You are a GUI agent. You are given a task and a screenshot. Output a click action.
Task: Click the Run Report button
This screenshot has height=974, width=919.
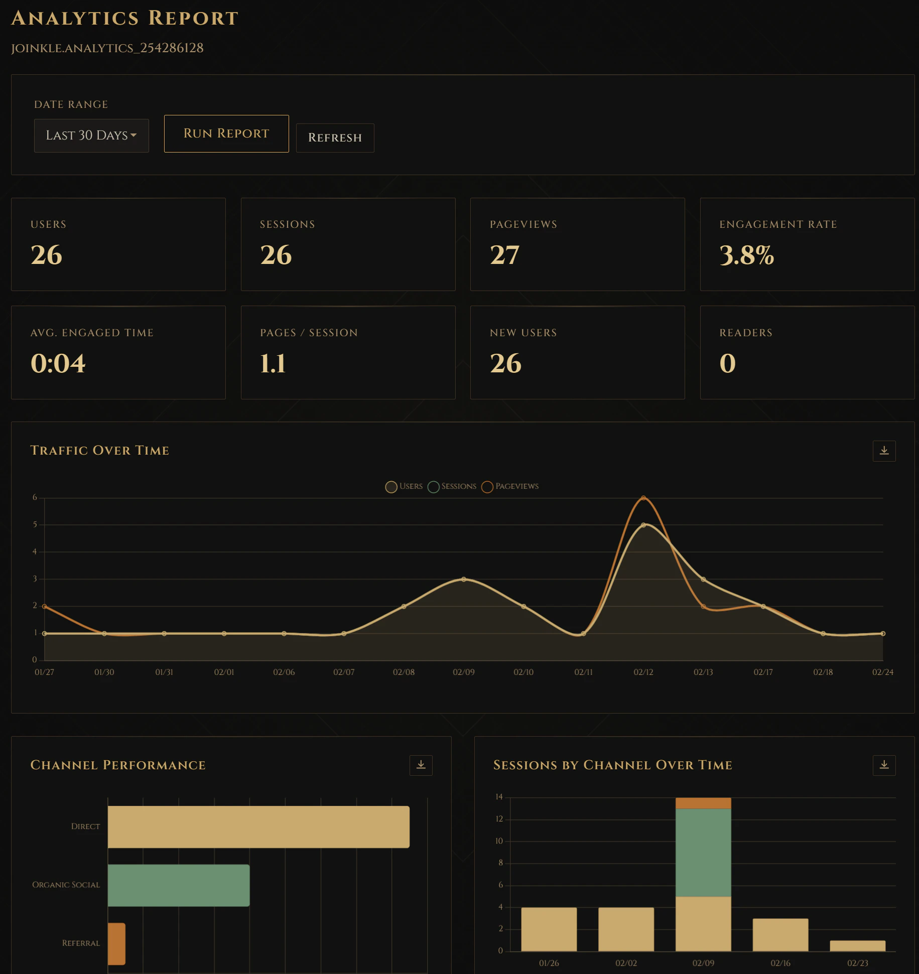[226, 133]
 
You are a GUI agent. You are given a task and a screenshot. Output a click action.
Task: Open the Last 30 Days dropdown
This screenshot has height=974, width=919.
[91, 135]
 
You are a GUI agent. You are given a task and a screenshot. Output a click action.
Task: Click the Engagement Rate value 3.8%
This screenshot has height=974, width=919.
[746, 255]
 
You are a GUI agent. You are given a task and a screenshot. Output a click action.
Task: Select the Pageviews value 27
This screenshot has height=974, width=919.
[504, 255]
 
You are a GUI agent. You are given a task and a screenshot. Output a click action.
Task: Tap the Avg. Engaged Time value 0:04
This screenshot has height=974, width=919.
[58, 363]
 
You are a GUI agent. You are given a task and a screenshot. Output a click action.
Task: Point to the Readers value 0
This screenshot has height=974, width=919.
[727, 363]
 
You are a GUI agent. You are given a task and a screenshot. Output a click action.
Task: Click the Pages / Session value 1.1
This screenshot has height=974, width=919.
[273, 363]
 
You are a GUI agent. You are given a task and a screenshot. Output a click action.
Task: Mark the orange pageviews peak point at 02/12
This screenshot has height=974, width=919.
[643, 498]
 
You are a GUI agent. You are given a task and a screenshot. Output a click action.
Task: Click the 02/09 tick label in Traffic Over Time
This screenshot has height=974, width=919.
[463, 672]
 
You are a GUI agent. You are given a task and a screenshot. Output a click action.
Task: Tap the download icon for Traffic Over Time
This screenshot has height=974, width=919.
[884, 451]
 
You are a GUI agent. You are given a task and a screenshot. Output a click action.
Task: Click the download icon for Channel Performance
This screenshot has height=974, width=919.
[421, 765]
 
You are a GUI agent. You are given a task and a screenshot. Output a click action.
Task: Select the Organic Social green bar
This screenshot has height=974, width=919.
[178, 885]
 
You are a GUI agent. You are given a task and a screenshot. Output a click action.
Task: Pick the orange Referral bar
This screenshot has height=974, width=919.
[116, 943]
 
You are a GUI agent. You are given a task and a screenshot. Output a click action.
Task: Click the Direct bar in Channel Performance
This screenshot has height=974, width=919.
[258, 827]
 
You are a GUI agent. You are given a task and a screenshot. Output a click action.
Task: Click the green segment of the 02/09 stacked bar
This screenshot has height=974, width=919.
[703, 852]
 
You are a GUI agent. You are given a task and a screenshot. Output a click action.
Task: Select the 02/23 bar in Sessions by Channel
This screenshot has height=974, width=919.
[857, 945]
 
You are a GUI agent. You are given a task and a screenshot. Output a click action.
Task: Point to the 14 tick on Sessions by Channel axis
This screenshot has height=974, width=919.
[499, 797]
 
